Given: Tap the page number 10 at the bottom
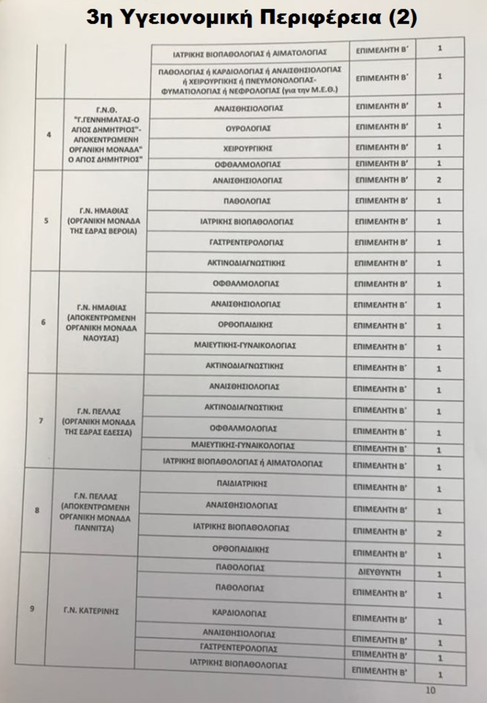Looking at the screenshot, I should click(x=430, y=690).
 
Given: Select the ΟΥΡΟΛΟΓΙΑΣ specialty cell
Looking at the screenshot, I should click(x=248, y=128).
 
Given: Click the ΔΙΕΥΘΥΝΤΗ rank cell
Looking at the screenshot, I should click(x=379, y=573).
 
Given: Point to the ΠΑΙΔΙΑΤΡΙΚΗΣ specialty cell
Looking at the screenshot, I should click(x=242, y=484).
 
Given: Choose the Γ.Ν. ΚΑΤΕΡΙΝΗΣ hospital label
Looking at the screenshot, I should click(x=91, y=611).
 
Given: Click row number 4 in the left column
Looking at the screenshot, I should click(x=49, y=134).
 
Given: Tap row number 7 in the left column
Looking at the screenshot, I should click(x=41, y=420).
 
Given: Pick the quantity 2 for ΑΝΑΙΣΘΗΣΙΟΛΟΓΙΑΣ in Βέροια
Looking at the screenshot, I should click(x=439, y=180).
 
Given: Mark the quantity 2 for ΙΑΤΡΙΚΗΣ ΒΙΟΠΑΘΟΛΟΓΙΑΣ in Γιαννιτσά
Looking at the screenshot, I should click(x=439, y=533).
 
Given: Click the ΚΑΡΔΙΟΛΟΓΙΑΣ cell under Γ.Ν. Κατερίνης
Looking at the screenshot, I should click(x=239, y=613).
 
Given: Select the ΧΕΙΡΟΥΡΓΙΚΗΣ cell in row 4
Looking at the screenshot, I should click(x=247, y=148).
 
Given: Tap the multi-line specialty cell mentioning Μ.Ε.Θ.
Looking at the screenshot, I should click(x=250, y=80).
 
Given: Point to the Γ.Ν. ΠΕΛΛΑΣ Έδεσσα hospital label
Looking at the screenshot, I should click(x=99, y=422).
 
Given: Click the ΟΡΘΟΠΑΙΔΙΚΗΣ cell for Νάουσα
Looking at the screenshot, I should click(x=245, y=325).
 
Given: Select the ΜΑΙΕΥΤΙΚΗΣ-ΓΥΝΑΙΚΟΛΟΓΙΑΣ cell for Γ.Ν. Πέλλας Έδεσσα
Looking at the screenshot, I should click(x=243, y=446).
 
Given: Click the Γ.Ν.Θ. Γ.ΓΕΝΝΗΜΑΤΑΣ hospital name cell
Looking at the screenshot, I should click(x=107, y=134).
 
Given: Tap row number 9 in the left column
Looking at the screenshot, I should click(x=32, y=608).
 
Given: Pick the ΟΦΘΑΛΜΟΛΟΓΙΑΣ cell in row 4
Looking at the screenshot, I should click(x=248, y=164).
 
